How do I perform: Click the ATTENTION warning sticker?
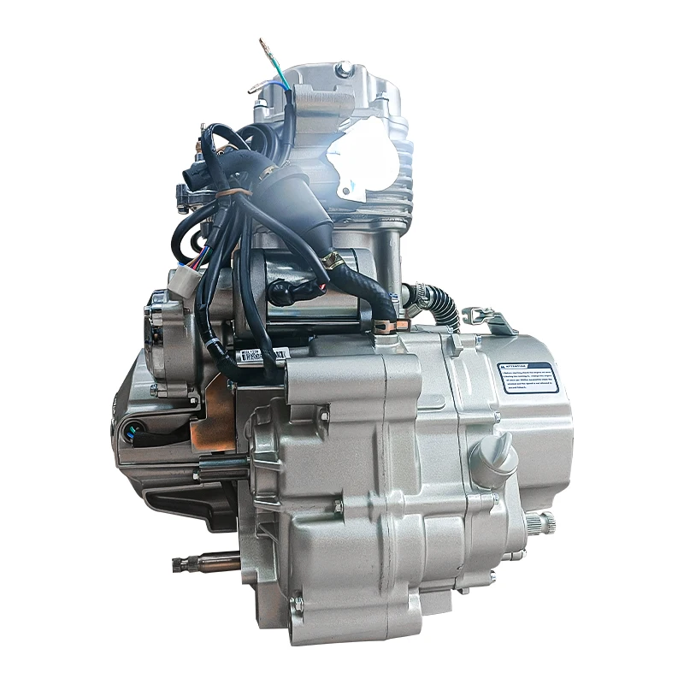(x=528, y=376)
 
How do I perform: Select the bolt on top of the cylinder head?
(x=344, y=68)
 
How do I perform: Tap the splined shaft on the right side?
(x=543, y=520)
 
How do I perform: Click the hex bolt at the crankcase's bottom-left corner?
(x=296, y=605)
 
